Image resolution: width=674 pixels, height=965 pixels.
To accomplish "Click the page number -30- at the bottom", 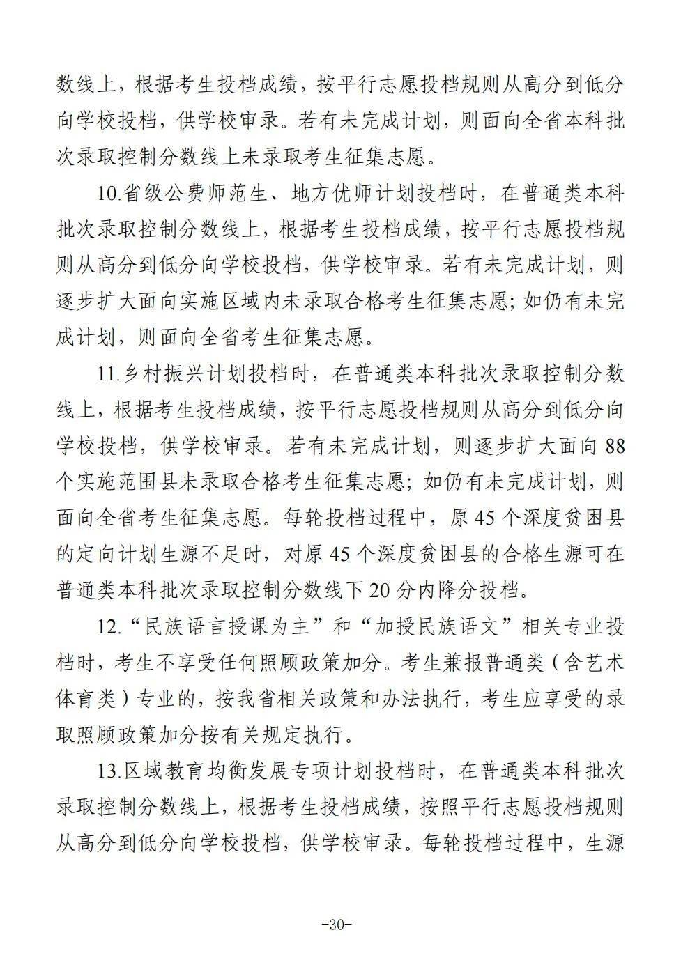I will [x=337, y=925].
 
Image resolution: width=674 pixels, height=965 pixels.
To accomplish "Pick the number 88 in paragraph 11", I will [x=614, y=445].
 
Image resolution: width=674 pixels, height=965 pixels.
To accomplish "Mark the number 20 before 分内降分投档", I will [x=383, y=590].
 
